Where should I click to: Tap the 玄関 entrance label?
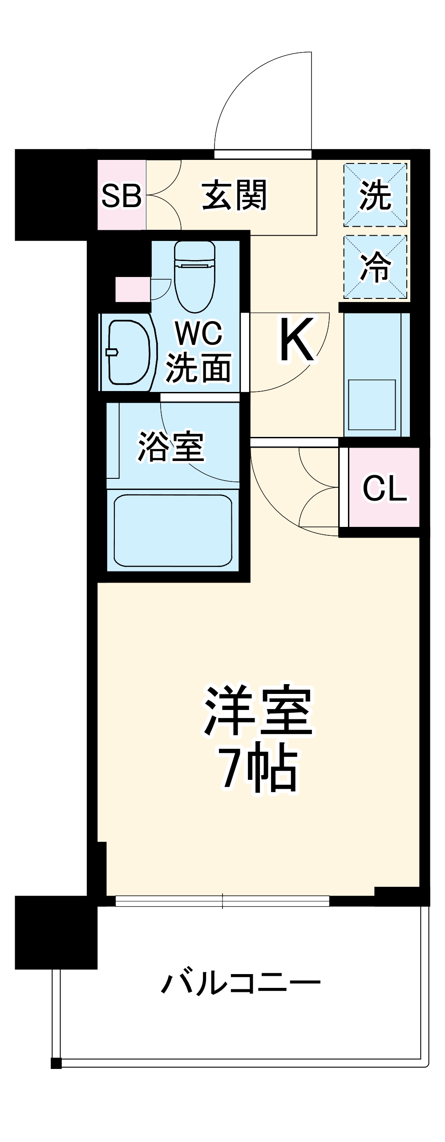click(235, 195)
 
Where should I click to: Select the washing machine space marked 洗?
click(375, 195)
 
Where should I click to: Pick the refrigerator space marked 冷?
click(375, 266)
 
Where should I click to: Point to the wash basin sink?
click(128, 352)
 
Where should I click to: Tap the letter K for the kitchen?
click(297, 341)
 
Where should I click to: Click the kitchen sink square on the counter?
click(372, 404)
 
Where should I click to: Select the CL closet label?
click(384, 488)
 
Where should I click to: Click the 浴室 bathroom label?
click(171, 446)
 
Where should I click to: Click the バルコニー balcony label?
click(240, 983)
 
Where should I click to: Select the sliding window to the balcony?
click(222, 901)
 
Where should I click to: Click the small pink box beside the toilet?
click(132, 289)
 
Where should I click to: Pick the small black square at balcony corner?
click(56, 1064)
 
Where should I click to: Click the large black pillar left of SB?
click(51, 195)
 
